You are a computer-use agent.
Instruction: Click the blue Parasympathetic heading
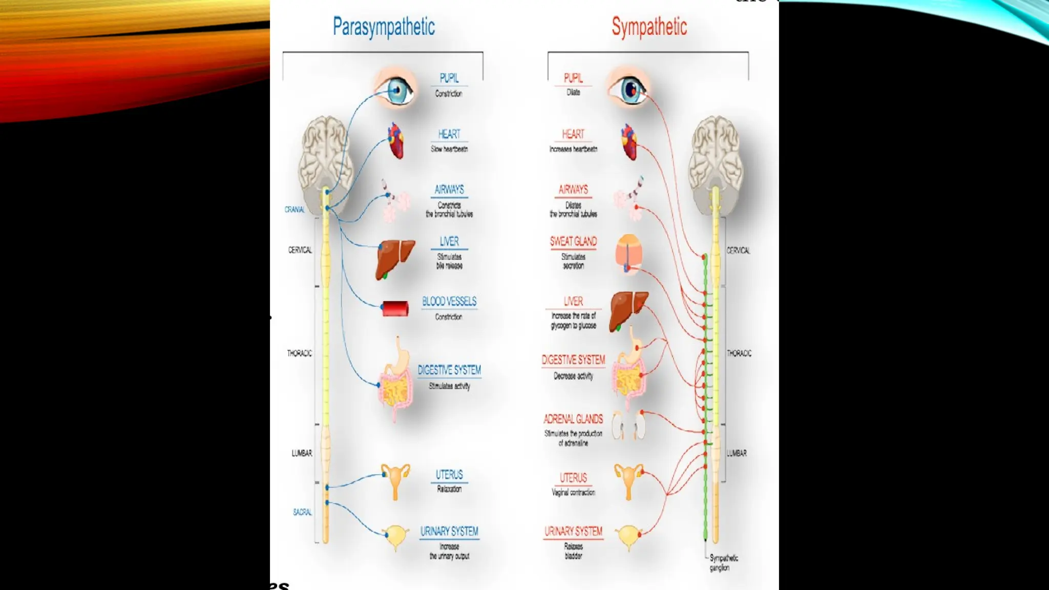(384, 27)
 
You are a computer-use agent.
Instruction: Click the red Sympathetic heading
(649, 27)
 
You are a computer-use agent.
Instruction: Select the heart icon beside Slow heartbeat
(395, 141)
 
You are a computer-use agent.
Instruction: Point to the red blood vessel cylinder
(395, 309)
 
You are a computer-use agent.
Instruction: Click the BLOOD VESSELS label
(449, 301)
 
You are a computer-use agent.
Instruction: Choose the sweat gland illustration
(628, 254)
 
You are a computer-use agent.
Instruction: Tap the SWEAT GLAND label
(573, 241)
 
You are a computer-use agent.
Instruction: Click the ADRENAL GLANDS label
(573, 419)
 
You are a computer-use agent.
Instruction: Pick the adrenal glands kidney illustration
(629, 425)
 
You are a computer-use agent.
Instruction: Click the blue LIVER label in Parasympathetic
(449, 241)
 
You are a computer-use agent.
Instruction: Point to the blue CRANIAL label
(295, 209)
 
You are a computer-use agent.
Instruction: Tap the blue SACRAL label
(302, 512)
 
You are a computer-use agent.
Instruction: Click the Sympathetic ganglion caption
(723, 563)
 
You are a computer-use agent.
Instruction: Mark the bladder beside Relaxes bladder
(628, 536)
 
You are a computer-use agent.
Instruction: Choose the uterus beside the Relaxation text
(395, 479)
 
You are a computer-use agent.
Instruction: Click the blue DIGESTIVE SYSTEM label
(449, 370)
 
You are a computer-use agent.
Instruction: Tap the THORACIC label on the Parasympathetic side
(299, 353)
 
